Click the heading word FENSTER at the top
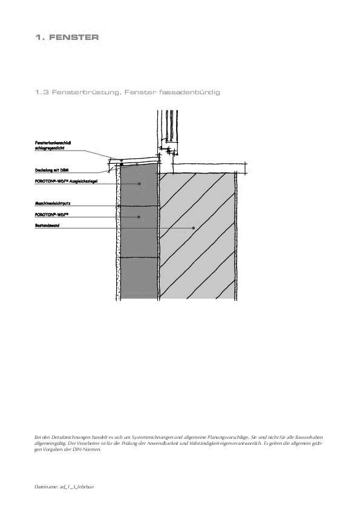(x=75, y=37)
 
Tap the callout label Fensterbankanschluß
(x=54, y=143)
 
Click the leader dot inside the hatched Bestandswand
(x=194, y=228)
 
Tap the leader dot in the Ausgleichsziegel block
(x=140, y=184)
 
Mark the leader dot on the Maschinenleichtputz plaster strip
(x=119, y=206)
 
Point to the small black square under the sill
(x=122, y=164)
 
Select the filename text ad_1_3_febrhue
(x=75, y=487)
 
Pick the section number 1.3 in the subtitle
(x=42, y=92)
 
